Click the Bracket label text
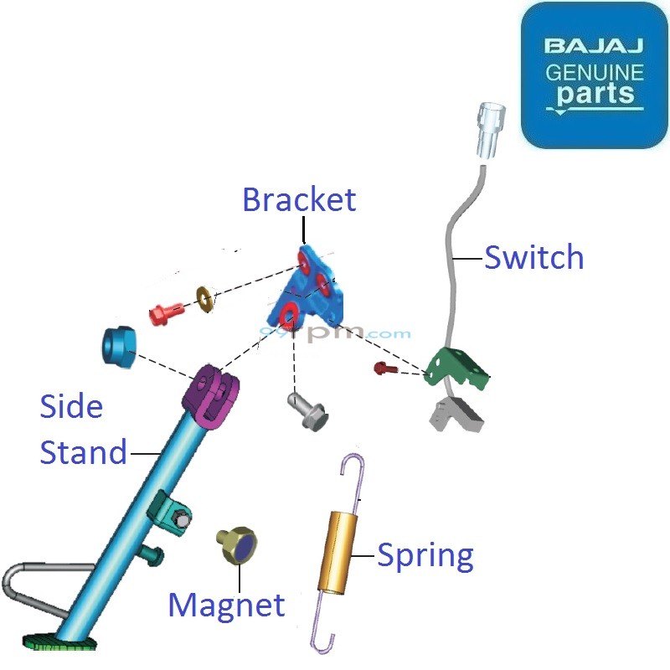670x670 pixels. click(299, 200)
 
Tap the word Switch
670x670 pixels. click(534, 257)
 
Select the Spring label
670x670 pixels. click(425, 554)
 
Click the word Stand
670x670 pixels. click(83, 453)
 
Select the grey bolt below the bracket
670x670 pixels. click(307, 410)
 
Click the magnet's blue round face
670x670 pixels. click(245, 549)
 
